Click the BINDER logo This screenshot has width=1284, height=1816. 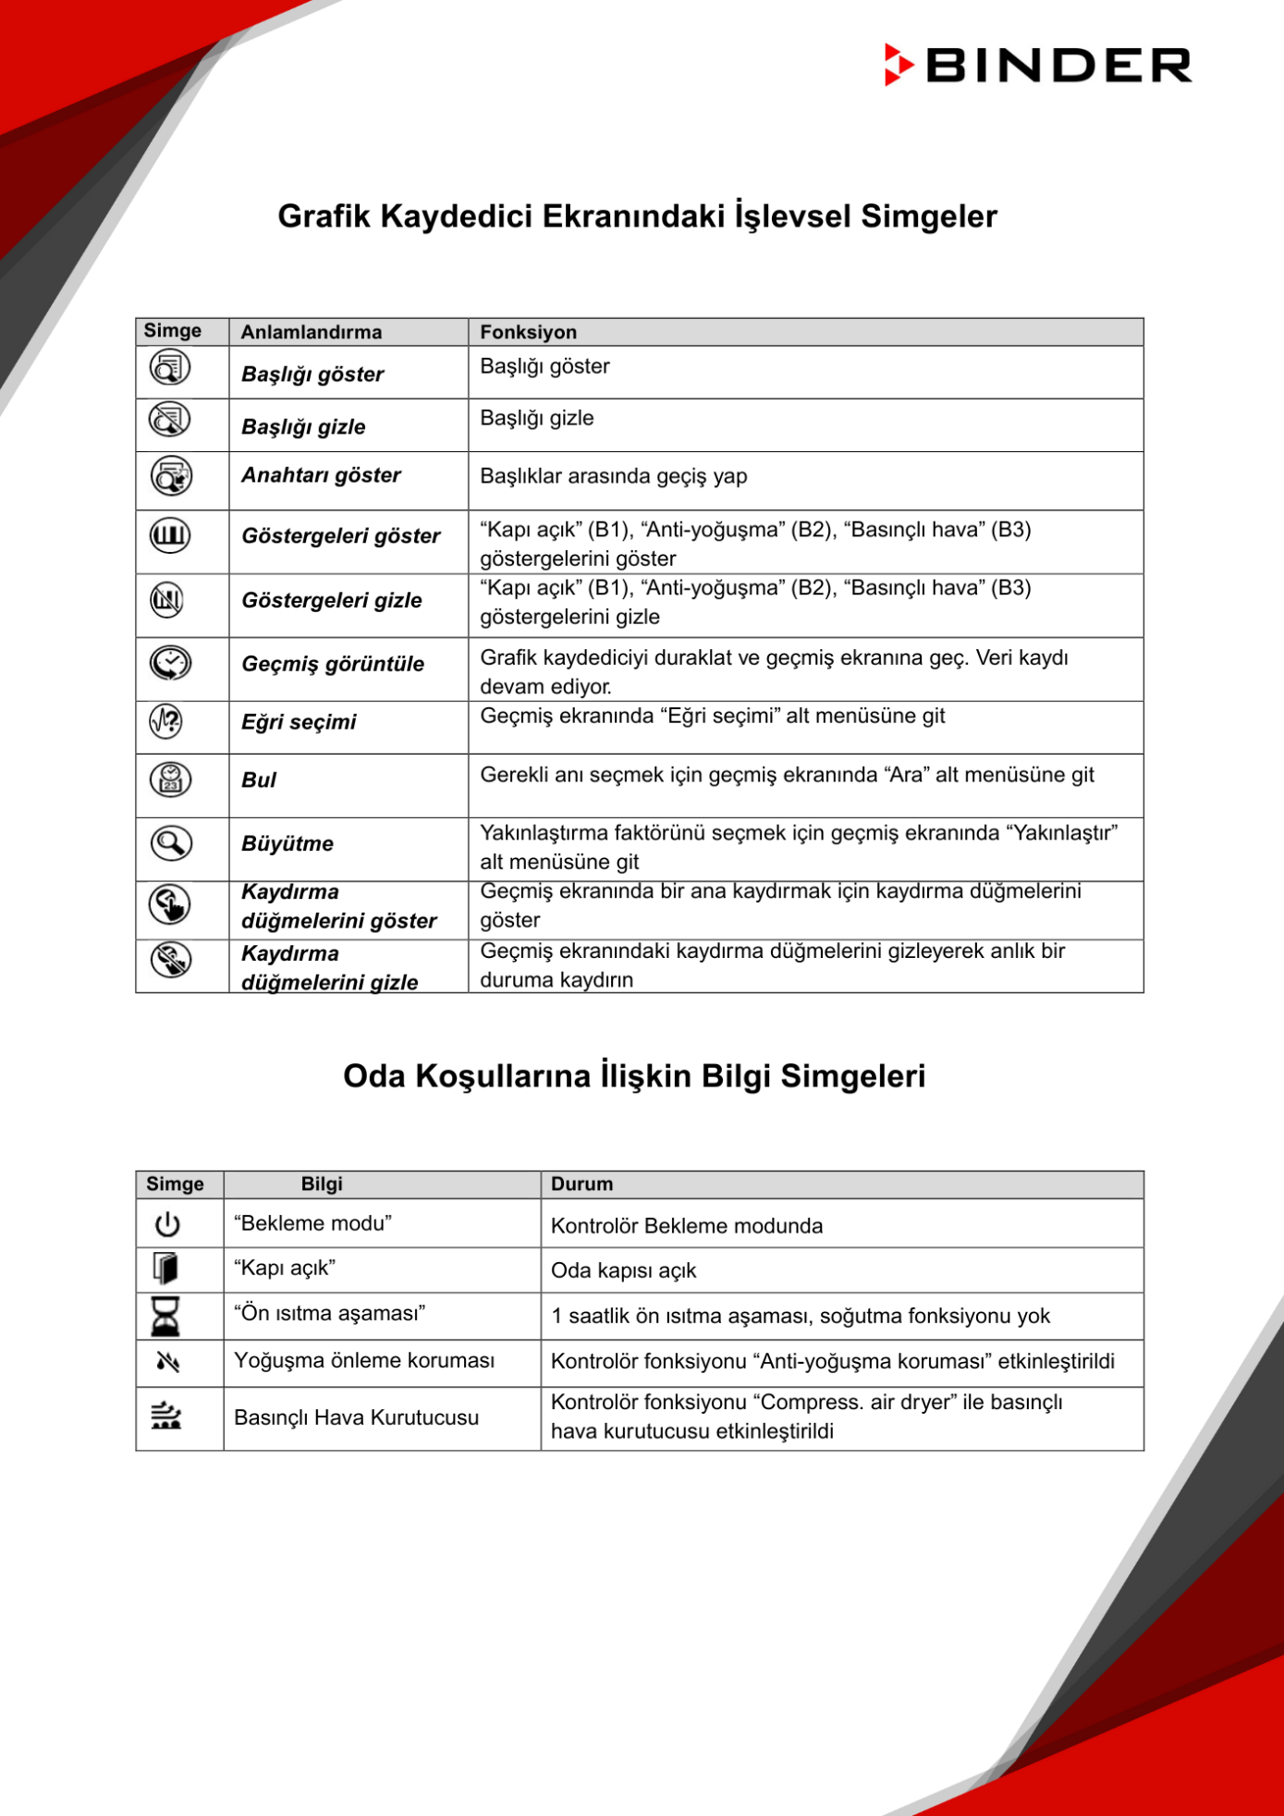coord(1037,66)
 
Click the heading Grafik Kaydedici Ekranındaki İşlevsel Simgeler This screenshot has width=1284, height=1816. coord(637,216)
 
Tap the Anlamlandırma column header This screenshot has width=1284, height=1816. coord(311,332)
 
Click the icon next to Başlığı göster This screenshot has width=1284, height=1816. coord(170,368)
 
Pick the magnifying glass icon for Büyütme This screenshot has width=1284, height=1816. coord(170,843)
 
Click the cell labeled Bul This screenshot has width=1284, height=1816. coord(259,780)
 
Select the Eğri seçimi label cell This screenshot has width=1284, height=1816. coord(299,722)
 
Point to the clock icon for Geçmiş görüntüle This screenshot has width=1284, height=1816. coord(170,663)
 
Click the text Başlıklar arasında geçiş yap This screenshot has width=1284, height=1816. coord(613,476)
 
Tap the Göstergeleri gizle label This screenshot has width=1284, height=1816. coord(331,600)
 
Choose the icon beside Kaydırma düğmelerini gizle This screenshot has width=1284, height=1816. coord(170,960)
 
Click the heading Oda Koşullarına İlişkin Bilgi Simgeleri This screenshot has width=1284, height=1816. coord(633,1076)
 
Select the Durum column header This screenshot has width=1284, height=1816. coord(581,1184)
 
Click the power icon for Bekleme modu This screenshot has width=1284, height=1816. coord(167,1224)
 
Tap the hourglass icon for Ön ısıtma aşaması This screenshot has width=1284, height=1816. coord(166,1316)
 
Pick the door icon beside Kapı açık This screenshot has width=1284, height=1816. coord(166,1269)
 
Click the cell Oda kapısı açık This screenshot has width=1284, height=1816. coord(623,1270)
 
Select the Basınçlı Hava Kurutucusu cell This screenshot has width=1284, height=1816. coord(356,1417)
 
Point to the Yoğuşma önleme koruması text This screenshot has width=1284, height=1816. coord(363,1360)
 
